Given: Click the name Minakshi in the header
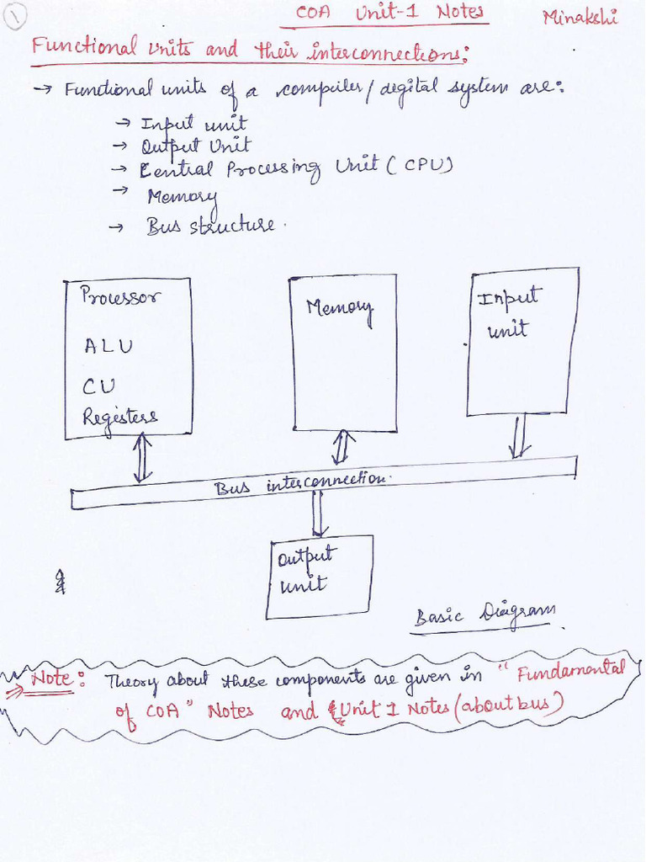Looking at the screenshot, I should pyautogui.click(x=580, y=17).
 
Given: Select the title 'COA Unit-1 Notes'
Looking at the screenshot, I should pyautogui.click(x=390, y=13).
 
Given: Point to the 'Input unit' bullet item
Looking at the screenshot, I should pyautogui.click(x=193, y=125).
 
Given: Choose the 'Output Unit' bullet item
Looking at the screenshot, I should pyautogui.click(x=195, y=146).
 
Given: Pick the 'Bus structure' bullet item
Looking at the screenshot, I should pyautogui.click(x=209, y=226).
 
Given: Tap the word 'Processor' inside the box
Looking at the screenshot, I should pyautogui.click(x=120, y=296).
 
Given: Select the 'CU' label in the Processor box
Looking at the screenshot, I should pyautogui.click(x=98, y=386).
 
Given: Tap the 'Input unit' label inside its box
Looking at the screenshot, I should pyautogui.click(x=509, y=312).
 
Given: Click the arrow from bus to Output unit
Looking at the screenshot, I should pyautogui.click(x=320, y=513).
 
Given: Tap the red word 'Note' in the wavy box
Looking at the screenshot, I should pyautogui.click(x=51, y=678).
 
